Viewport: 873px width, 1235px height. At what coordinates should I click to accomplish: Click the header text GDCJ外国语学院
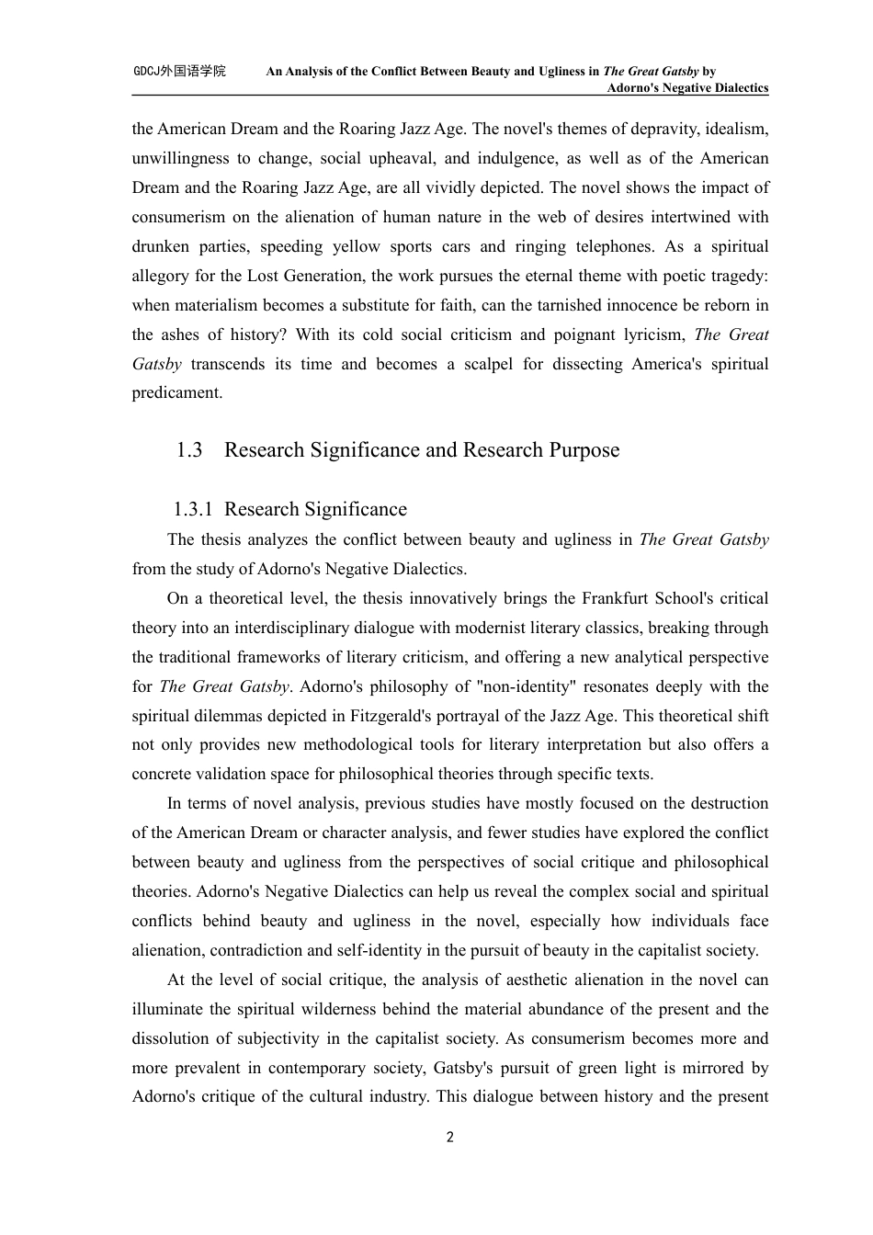[x=179, y=71]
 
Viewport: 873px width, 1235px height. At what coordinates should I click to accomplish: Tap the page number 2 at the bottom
[x=449, y=1138]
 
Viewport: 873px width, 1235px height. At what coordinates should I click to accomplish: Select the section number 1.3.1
[x=193, y=509]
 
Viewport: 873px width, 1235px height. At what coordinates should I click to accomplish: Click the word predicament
[x=176, y=393]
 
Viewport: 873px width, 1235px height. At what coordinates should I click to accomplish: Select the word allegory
[x=161, y=276]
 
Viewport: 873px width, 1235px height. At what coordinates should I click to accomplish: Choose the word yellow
[x=356, y=246]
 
